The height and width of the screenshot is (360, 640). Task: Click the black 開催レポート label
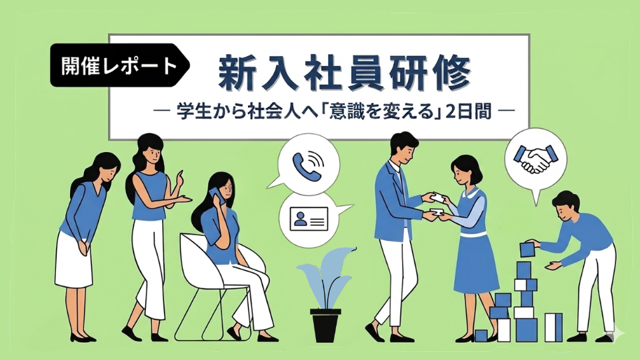click(x=119, y=65)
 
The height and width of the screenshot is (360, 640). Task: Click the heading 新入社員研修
click(x=345, y=74)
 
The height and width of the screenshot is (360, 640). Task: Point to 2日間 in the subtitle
click(x=468, y=111)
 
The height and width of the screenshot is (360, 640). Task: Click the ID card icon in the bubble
click(x=309, y=218)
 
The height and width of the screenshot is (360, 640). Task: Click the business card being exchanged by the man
click(x=437, y=199)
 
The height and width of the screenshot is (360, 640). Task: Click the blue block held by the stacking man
click(x=527, y=249)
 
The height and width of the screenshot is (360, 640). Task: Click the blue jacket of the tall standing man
click(x=394, y=204)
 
